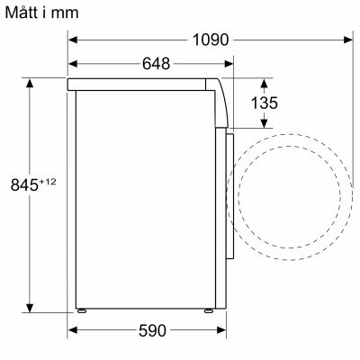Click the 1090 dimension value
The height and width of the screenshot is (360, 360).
211,40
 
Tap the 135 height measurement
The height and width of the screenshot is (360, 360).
264,103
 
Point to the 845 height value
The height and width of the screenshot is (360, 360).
24,185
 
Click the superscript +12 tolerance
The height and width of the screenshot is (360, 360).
48,182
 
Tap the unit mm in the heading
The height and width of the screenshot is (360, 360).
67,13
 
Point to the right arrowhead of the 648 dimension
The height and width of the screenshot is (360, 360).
228,64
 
